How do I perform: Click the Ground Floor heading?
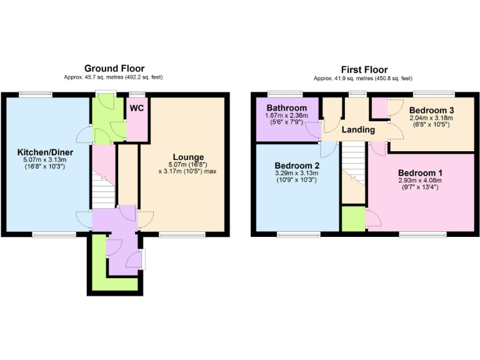coord(114,69)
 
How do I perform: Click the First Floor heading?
coord(364,69)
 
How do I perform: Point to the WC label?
coord(136,107)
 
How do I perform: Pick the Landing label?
coord(359,130)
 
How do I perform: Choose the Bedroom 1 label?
coord(421,173)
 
